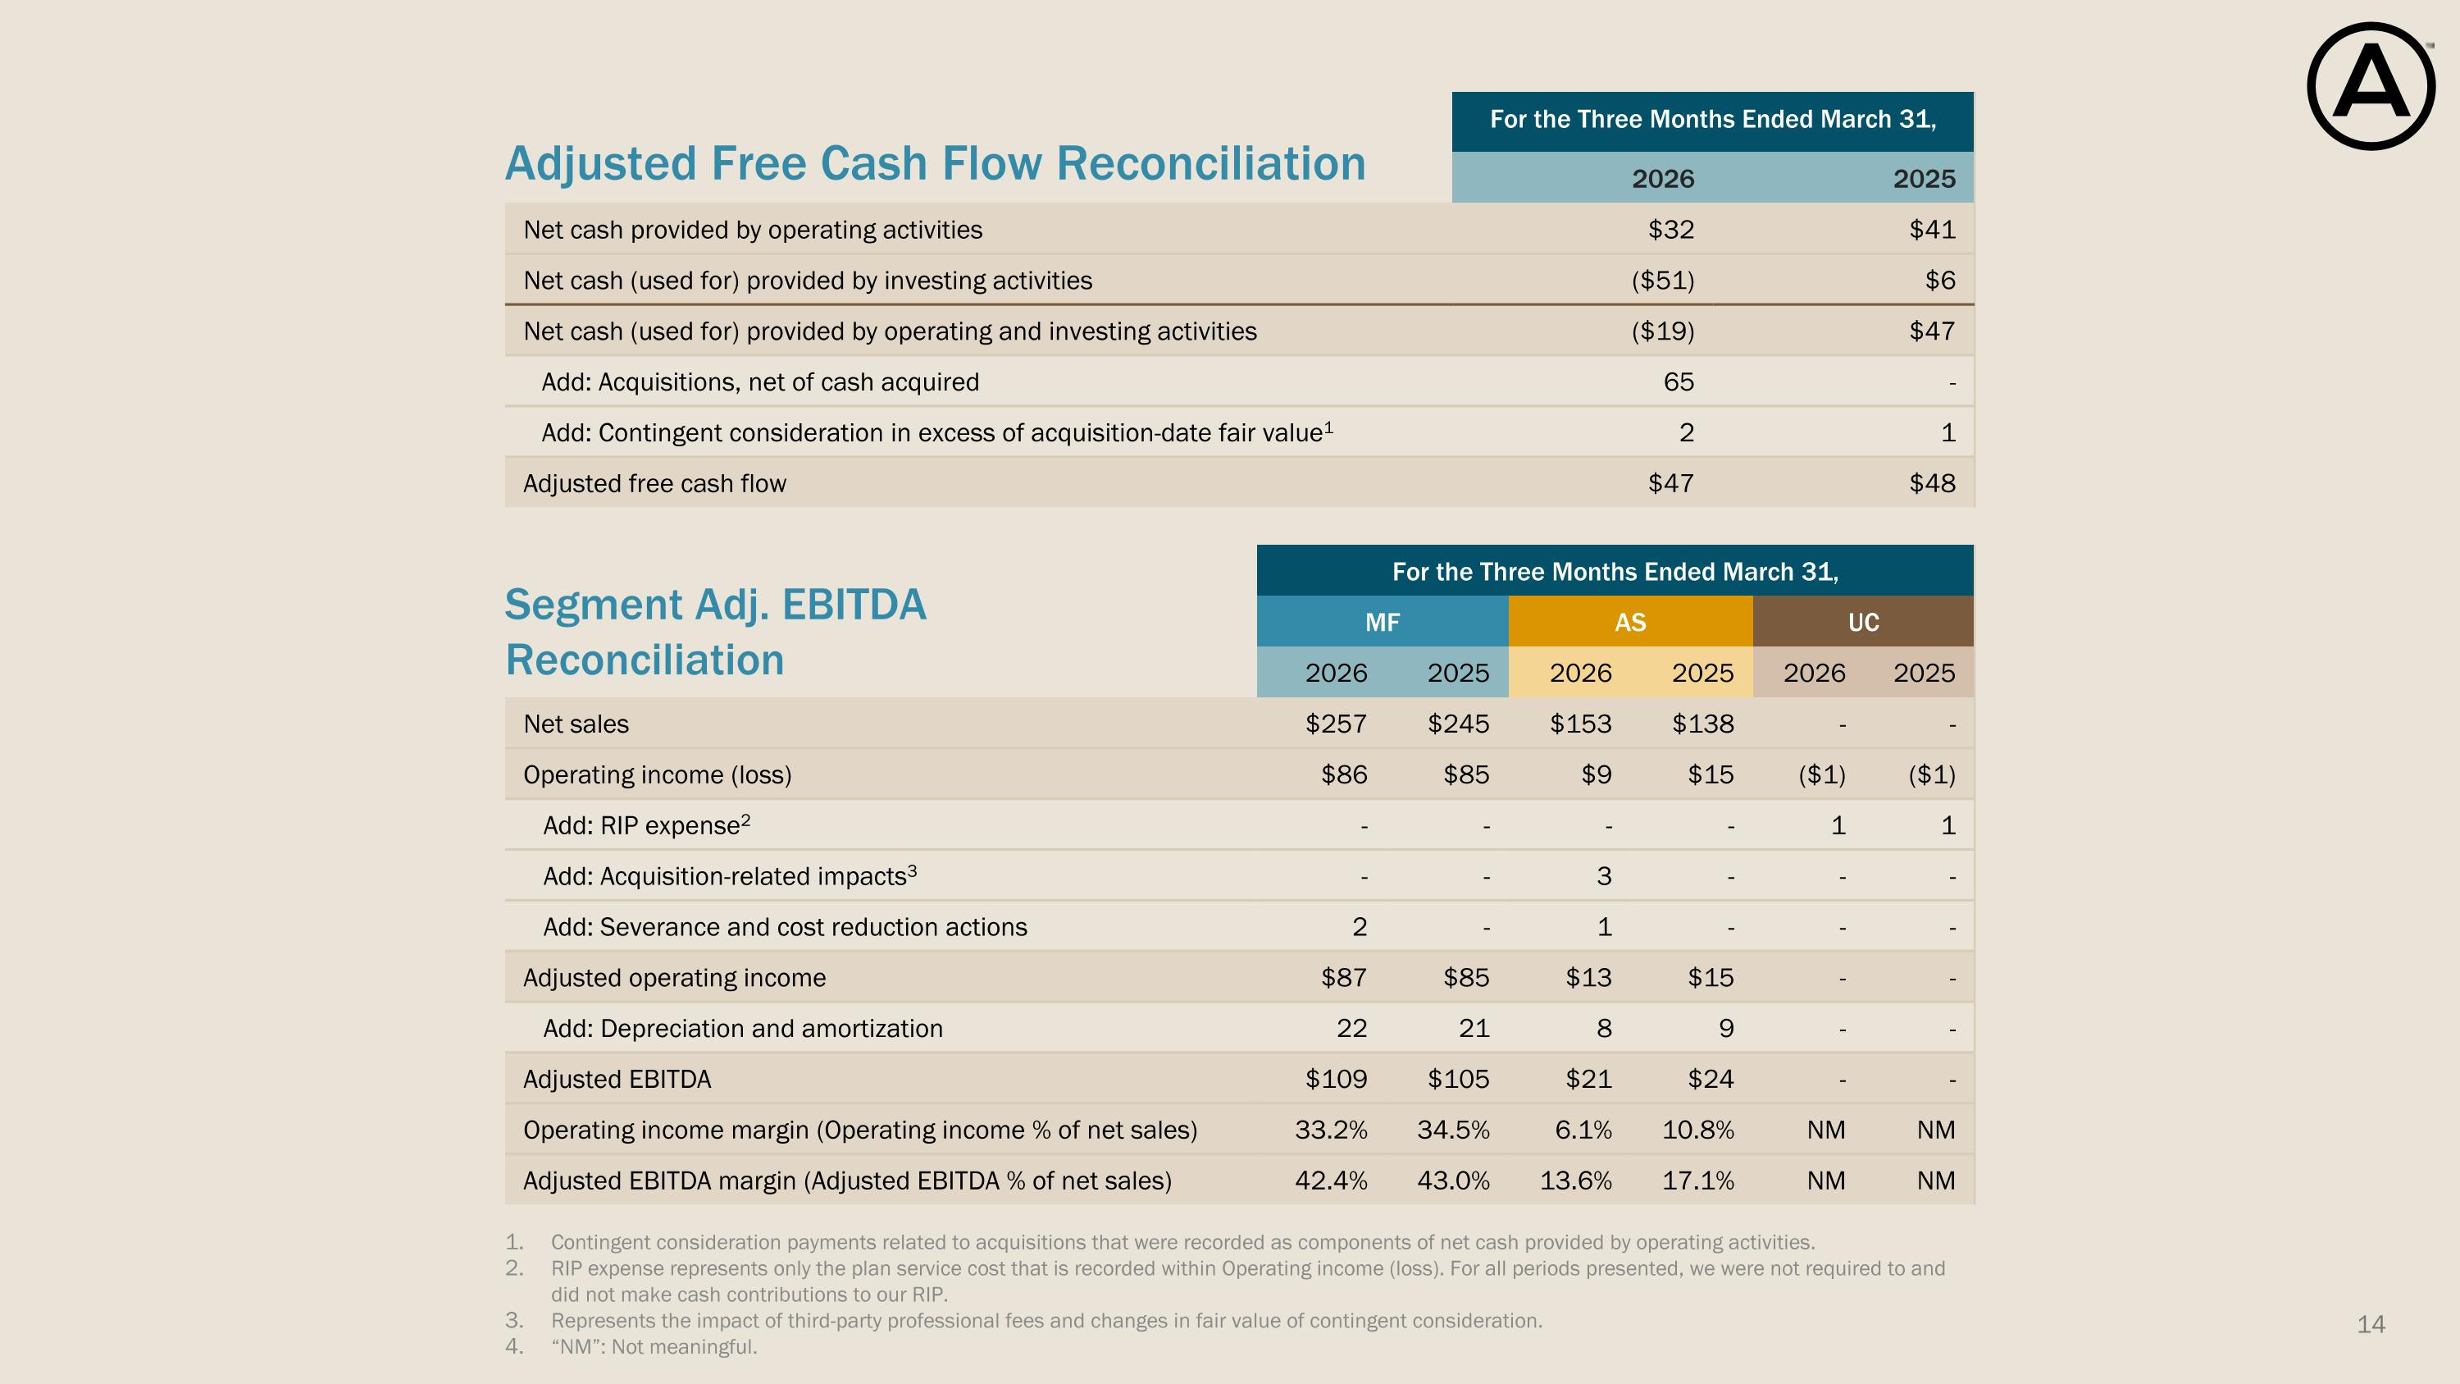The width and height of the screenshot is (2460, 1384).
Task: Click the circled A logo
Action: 2371,86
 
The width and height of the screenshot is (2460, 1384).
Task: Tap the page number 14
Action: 2371,1324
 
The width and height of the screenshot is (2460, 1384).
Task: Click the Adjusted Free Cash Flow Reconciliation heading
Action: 935,163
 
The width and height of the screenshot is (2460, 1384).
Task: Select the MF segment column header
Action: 1382,622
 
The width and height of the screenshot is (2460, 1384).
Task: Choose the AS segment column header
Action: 1630,622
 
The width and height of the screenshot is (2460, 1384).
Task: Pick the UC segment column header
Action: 1863,622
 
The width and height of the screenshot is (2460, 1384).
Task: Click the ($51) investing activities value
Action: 1663,280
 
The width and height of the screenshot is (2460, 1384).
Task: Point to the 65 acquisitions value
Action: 1679,382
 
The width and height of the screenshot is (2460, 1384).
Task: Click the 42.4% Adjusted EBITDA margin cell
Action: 1331,1181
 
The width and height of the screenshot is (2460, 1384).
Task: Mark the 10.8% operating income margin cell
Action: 1698,1130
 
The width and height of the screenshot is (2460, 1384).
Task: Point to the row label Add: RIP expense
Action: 646,824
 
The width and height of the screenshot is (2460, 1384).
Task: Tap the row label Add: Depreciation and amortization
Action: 742,1029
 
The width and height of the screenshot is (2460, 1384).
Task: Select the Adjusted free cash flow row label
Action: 654,483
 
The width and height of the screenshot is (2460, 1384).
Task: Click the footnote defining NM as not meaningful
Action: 654,1347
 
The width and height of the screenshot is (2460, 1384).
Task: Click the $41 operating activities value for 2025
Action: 1932,229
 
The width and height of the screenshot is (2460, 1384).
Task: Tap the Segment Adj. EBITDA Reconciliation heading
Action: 715,633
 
